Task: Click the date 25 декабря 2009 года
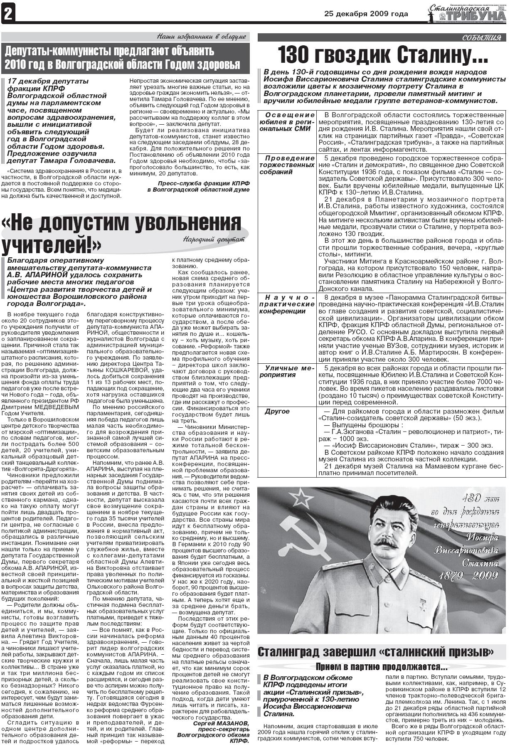pos(366,14)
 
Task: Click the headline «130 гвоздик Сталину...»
pos(382,55)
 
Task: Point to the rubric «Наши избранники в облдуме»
pos(201,37)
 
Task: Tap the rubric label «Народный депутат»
pos(214,239)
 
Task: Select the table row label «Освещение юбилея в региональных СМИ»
pos(287,122)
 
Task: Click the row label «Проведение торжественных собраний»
pos(287,165)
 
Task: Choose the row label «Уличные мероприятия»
pos(287,371)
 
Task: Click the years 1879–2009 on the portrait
pos(469,575)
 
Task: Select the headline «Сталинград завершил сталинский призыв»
pos(376,651)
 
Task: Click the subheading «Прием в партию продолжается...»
pos(381,667)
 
